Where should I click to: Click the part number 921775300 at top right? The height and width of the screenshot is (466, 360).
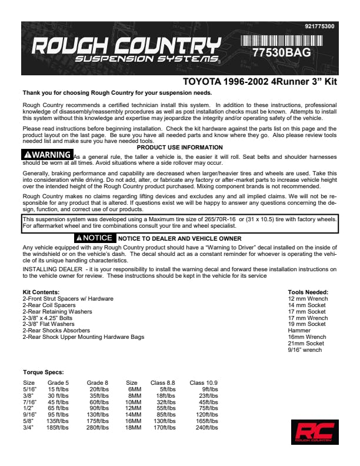320,26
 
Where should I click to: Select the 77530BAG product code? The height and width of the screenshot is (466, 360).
281,52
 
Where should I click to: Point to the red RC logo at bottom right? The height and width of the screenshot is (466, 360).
312,432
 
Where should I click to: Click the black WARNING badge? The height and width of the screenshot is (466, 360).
48,154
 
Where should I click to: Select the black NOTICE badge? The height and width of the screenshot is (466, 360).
94,238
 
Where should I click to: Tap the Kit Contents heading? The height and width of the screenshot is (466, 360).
41,292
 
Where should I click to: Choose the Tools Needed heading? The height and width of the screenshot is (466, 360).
308,292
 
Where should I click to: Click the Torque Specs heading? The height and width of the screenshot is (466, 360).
43,372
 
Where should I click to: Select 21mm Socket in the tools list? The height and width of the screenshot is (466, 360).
306,344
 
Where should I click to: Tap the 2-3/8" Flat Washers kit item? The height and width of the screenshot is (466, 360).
48,324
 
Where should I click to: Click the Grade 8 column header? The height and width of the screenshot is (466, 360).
97,382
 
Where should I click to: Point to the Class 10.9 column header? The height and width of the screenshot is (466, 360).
205,382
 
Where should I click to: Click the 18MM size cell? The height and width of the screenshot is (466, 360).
135,427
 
